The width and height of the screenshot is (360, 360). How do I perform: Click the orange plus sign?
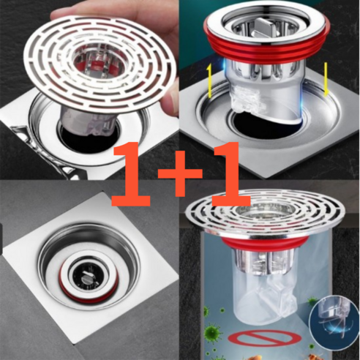(180, 173)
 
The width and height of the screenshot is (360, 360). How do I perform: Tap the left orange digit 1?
(130, 173)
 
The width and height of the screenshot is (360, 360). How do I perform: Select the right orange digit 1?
(230, 173)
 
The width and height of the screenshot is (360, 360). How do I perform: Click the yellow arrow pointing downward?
(326, 79)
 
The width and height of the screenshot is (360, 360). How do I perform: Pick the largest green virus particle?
(212, 331)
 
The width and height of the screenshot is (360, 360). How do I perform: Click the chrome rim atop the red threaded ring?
(267, 23)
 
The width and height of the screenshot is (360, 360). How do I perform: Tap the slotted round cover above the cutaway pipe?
(265, 214)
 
